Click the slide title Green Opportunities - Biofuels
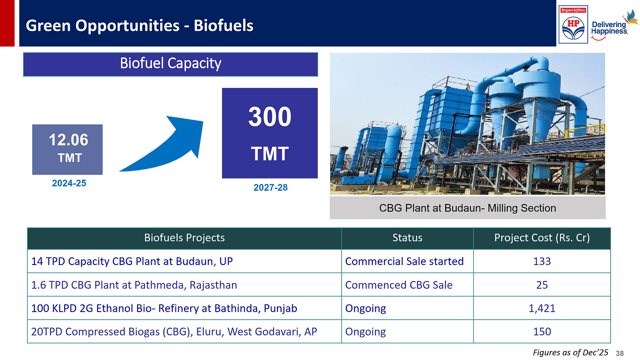click(x=139, y=25)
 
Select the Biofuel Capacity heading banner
click(x=171, y=64)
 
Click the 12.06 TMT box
click(x=68, y=149)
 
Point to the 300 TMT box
click(x=269, y=133)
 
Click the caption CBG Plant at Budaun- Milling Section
click(x=467, y=208)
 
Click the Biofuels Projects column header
click(x=184, y=238)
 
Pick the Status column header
click(x=407, y=238)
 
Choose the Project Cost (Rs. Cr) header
click(x=542, y=238)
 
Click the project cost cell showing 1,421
click(x=542, y=308)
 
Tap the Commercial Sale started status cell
click(x=404, y=261)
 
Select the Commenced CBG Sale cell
click(x=399, y=285)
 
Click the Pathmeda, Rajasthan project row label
click(x=134, y=285)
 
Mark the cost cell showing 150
click(x=542, y=331)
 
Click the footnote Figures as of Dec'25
click(x=570, y=353)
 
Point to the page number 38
click(x=620, y=353)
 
